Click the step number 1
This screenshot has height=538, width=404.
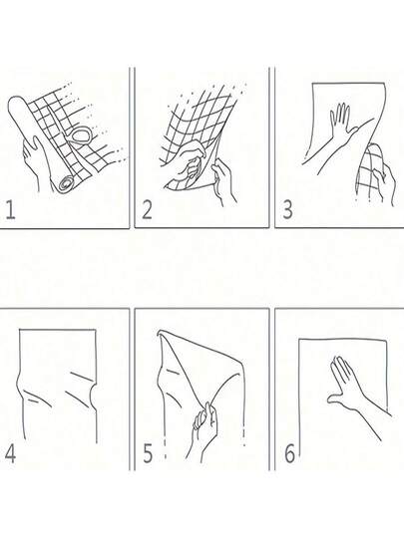point(10,210)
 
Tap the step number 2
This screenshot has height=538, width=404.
point(147,210)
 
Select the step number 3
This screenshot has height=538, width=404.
point(287,210)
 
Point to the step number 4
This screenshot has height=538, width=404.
point(10,453)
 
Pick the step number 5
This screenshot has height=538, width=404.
point(148,453)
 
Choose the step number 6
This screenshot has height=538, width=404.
point(289,453)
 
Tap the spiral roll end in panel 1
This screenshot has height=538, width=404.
point(68,183)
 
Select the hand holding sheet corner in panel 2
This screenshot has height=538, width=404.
point(223,180)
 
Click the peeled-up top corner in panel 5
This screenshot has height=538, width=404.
point(161,333)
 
